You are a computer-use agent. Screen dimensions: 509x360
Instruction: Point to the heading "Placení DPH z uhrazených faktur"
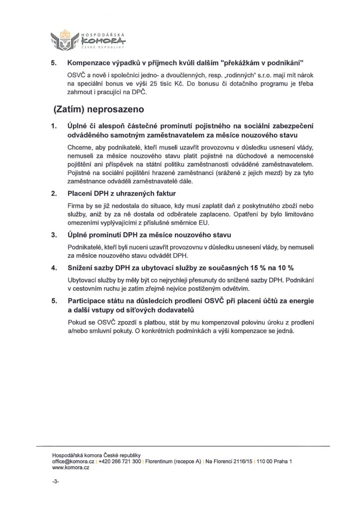[x=122, y=193]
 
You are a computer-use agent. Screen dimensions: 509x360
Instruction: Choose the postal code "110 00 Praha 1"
[x=274, y=462]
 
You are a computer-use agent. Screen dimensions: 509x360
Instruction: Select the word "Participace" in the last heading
[x=90, y=302]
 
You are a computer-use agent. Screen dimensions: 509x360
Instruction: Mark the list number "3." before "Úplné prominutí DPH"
[x=54, y=234]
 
